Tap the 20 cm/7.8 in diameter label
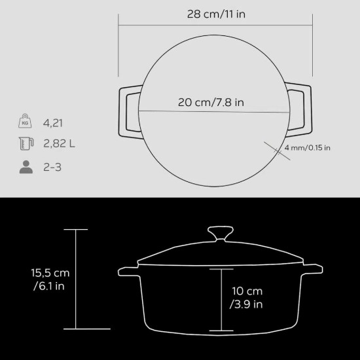point(211,103)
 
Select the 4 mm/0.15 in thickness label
point(307,147)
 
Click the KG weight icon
point(26,122)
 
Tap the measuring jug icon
point(26,144)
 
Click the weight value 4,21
point(55,122)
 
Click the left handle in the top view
point(128,111)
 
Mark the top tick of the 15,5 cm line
point(77,230)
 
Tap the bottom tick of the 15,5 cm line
point(77,329)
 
